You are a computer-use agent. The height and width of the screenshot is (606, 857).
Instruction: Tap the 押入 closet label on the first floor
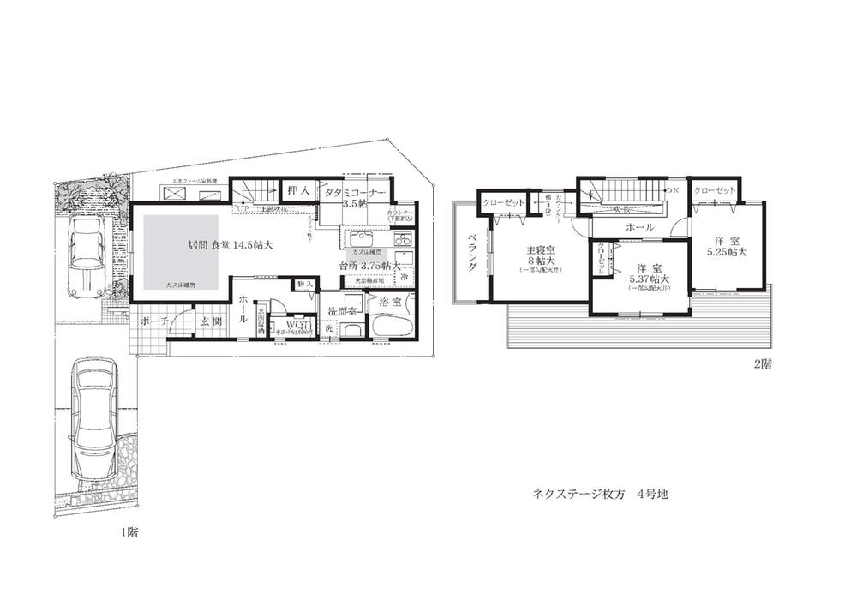[x=298, y=189]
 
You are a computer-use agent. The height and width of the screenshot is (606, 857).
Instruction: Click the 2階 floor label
[x=762, y=363]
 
